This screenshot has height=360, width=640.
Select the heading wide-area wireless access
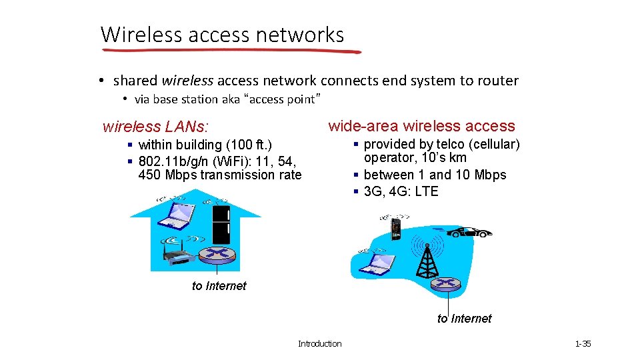[x=421, y=126]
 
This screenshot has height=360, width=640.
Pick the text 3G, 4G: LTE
[x=401, y=191]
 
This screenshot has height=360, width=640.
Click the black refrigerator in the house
[x=221, y=225]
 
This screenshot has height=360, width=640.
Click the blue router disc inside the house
[x=216, y=254]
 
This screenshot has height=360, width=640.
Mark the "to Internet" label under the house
[x=219, y=286]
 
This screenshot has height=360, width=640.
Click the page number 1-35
[x=583, y=344]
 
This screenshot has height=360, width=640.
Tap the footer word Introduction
[x=319, y=344]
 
